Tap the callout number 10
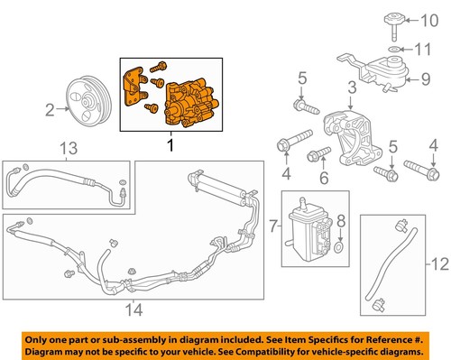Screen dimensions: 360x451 click(435, 19)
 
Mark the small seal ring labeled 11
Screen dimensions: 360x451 click(397, 47)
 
